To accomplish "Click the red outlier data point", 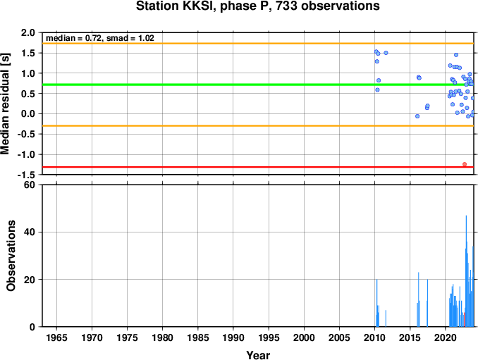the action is [x=465, y=164].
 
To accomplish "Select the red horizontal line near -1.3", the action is [x=258, y=167].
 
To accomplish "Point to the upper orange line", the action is [x=258, y=44].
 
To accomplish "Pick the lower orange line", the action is [x=258, y=126].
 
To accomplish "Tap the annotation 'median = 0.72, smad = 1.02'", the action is [x=100, y=38].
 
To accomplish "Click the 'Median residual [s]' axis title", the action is [x=5, y=104].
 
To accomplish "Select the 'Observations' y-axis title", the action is [x=11, y=256].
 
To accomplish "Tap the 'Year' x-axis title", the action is [x=258, y=355].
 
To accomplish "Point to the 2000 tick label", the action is [x=304, y=337].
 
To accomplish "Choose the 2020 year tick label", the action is [x=446, y=337].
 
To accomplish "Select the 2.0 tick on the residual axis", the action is [x=28, y=32].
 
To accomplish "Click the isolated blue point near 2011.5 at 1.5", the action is [x=386, y=53].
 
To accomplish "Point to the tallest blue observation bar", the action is [x=466, y=271].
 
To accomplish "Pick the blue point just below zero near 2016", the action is [x=417, y=116].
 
